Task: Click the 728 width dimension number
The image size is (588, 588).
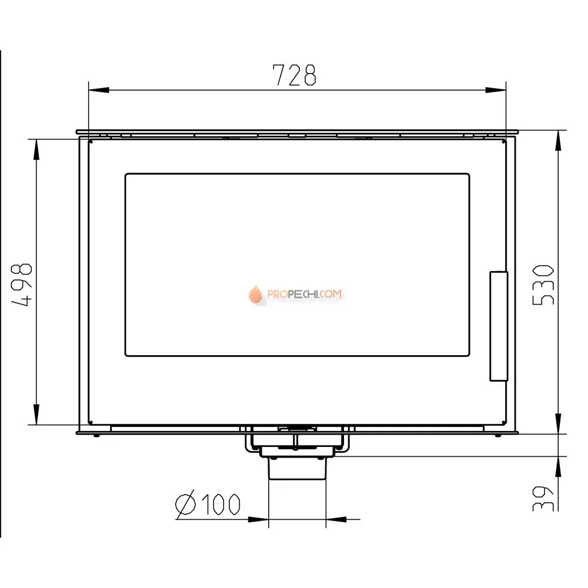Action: pos(295,75)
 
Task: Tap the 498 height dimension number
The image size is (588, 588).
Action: pos(22,285)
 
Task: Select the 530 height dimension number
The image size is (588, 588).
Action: pos(543,285)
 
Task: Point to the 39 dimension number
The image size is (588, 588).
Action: pos(543,499)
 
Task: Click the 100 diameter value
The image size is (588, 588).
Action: pos(221,504)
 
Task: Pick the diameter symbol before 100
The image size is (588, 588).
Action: pos(186,504)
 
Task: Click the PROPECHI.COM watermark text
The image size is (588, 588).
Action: pos(304,294)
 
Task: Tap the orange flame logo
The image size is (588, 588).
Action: pos(255,295)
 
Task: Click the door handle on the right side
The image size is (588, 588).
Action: pos(499,326)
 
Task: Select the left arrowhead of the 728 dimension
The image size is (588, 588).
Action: pos(99,90)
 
